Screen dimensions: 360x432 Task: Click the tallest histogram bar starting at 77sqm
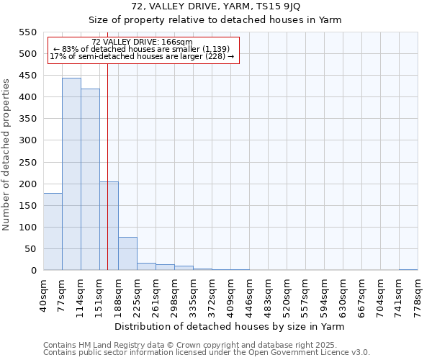click(71, 174)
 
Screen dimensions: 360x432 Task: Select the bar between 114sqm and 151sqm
click(90, 179)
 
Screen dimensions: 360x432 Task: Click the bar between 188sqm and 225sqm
click(127, 253)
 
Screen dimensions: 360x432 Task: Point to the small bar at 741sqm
click(408, 269)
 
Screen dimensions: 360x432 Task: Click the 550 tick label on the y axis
click(28, 32)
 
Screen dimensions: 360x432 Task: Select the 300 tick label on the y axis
click(28, 140)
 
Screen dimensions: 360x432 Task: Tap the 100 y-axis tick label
click(28, 228)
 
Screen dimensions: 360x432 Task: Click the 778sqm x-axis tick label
click(417, 295)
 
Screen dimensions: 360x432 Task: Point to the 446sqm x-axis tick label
click(248, 295)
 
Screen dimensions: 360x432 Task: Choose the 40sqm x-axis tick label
click(42, 294)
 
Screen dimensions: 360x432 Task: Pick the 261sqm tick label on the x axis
click(174, 295)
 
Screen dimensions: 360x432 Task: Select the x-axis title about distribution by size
click(230, 326)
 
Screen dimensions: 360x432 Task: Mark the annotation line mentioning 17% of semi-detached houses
click(142, 56)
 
